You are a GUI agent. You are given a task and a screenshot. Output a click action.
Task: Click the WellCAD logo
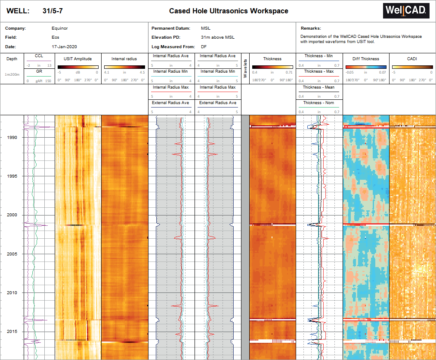pos(406,11)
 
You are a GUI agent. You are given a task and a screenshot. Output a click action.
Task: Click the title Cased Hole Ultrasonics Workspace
pos(229,11)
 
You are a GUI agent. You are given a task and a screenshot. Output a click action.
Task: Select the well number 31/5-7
pos(53,11)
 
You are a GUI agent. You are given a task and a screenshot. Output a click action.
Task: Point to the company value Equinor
pos(59,28)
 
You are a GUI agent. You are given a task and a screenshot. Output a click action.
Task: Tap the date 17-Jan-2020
pos(64,46)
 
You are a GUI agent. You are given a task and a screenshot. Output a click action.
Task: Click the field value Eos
pos(55,37)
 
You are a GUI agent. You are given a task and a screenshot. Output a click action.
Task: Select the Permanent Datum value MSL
pos(206,28)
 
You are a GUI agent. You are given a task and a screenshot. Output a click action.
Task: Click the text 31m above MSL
pos(217,37)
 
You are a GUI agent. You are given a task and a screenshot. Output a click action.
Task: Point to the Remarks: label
pos(310,28)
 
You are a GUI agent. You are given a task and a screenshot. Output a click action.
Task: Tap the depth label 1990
pos(12,138)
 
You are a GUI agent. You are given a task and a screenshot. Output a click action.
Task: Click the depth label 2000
pos(12,215)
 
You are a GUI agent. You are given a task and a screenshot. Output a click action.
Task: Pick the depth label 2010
pos(12,293)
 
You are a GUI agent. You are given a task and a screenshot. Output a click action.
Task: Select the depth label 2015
pos(12,332)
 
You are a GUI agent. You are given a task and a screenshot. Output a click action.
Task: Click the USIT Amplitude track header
pos(78,59)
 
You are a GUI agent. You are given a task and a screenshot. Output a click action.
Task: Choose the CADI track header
pos(412,59)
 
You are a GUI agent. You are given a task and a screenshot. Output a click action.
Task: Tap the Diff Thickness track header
pos(365,59)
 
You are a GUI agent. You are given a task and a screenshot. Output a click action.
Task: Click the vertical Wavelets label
pos(246,69)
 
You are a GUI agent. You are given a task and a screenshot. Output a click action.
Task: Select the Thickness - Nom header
pos(318,103)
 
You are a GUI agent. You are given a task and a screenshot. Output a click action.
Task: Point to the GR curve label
pos(39,71)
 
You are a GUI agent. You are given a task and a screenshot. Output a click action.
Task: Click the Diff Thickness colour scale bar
pos(365,67)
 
